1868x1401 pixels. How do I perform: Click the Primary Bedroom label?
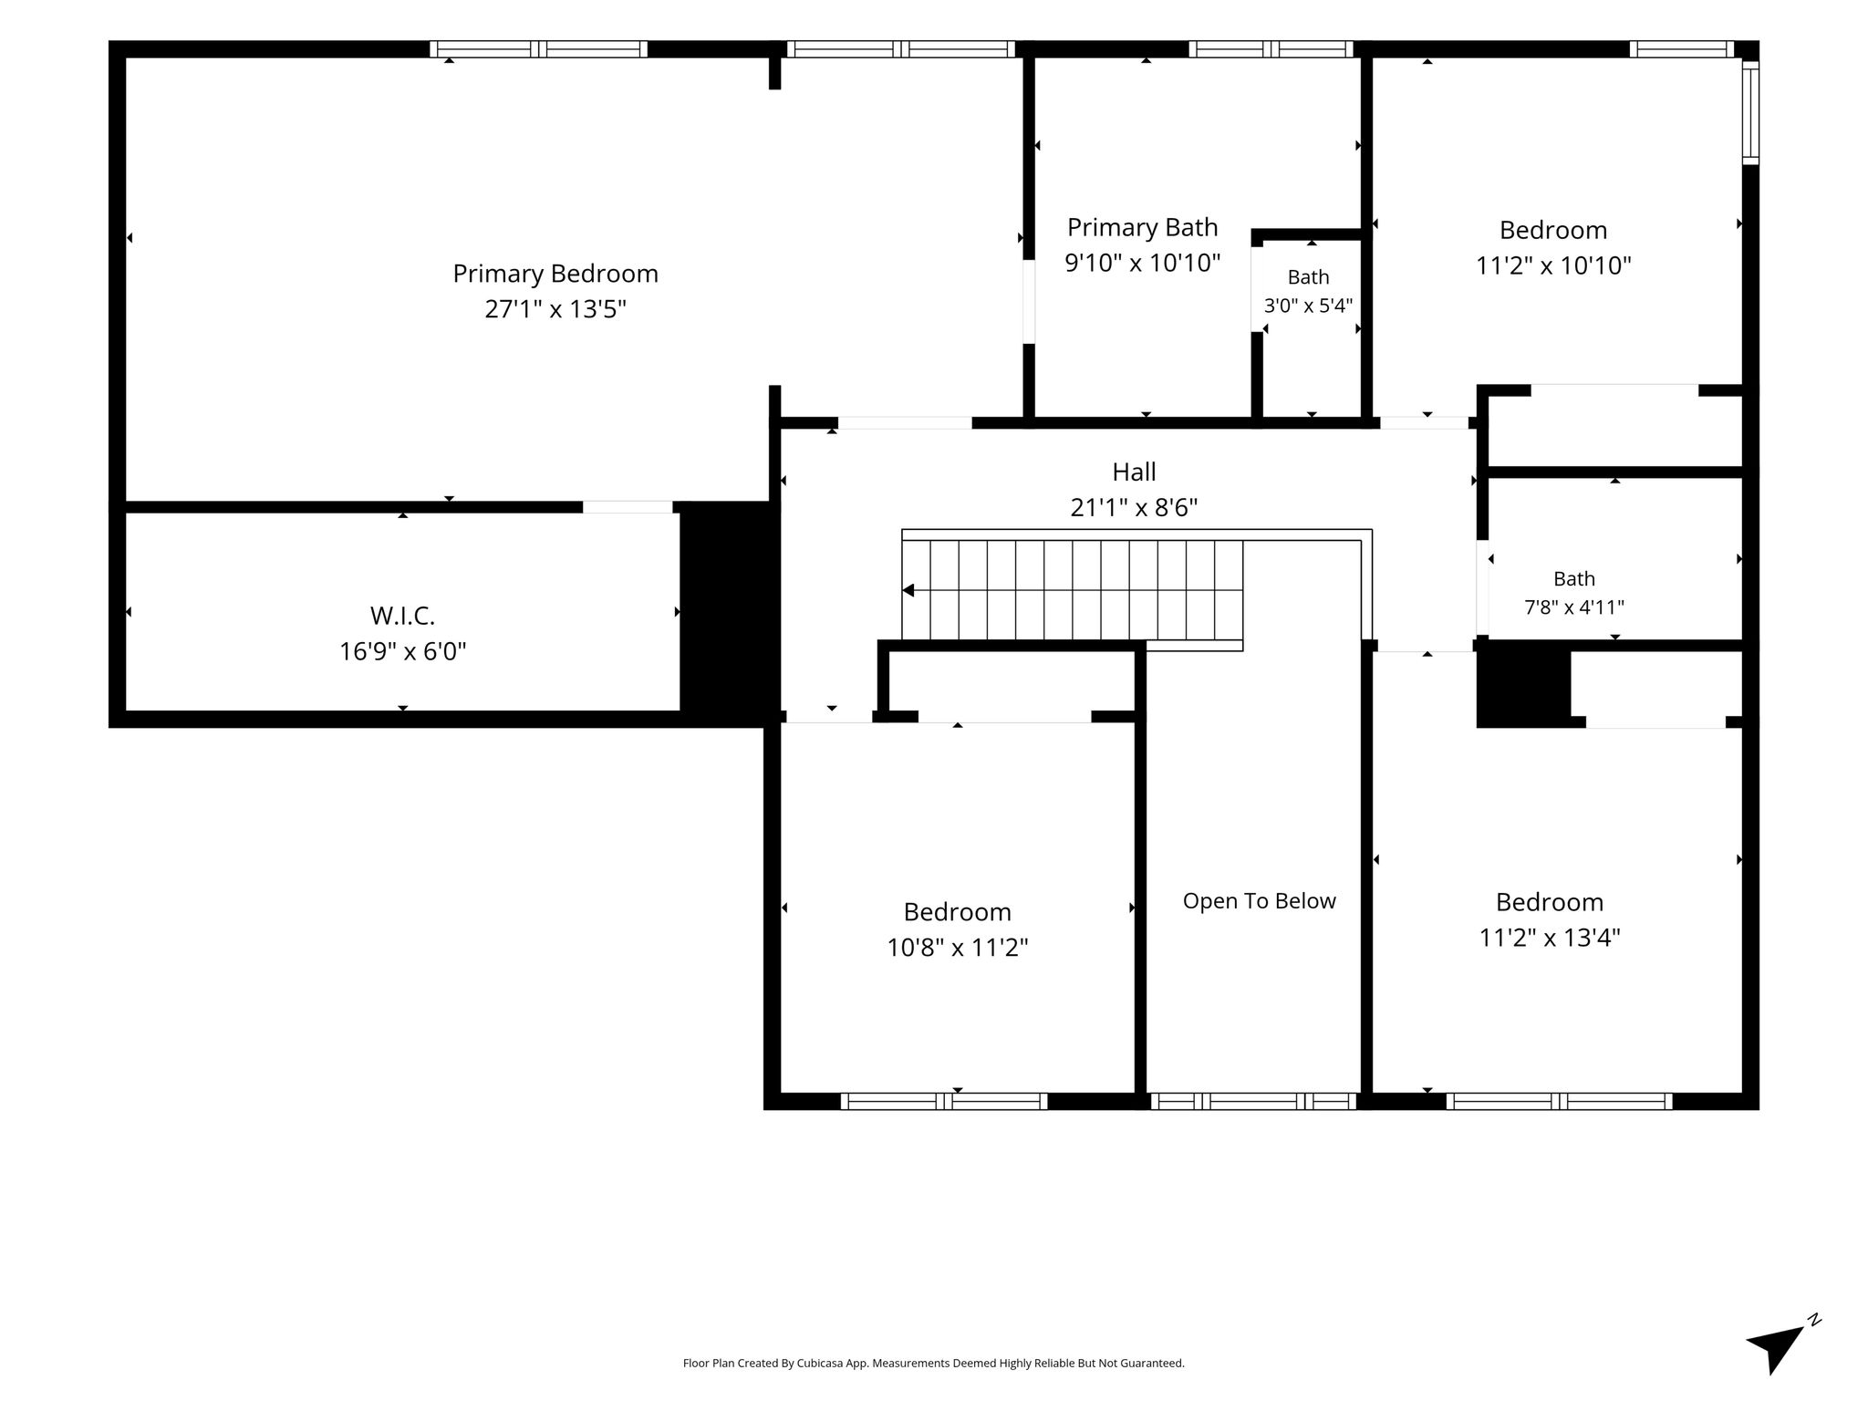pos(555,274)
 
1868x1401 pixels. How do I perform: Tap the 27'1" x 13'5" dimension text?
pos(555,309)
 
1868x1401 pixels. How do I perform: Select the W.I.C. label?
pos(402,616)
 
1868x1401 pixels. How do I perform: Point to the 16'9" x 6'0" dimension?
pos(402,651)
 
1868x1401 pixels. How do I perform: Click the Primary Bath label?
pos(1143,227)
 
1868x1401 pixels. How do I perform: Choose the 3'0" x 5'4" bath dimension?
pos(1308,306)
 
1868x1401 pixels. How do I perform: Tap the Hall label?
pos(1134,472)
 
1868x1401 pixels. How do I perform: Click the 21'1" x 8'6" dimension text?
pos(1134,507)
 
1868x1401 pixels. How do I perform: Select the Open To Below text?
pos(1259,901)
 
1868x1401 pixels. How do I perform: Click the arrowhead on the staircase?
pos(908,590)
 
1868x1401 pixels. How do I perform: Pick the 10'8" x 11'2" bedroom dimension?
pos(958,948)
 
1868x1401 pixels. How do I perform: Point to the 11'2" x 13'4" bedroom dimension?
pos(1550,938)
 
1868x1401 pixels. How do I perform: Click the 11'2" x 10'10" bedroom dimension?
pos(1553,265)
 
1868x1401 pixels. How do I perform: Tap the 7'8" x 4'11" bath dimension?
pos(1574,607)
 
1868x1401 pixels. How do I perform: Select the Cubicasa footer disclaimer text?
pos(933,1364)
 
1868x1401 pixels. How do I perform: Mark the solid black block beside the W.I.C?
pos(730,609)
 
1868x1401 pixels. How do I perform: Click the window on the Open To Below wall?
pos(1253,1101)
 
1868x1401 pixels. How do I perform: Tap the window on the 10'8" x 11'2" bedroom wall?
pos(944,1101)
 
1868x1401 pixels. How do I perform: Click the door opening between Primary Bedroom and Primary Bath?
pos(1029,302)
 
